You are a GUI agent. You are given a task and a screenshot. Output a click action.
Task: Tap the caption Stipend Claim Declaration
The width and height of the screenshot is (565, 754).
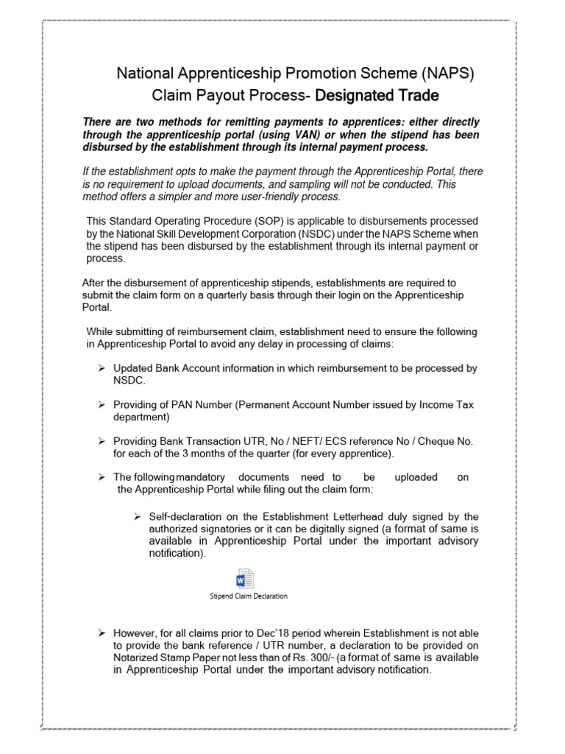248,596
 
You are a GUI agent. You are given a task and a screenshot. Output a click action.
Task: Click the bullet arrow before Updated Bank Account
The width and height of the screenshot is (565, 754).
102,368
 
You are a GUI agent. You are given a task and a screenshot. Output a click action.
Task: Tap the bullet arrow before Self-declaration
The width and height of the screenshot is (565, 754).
132,515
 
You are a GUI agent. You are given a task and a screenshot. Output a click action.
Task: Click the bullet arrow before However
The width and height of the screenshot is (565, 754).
102,633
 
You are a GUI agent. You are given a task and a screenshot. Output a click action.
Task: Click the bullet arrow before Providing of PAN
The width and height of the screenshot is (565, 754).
102,405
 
